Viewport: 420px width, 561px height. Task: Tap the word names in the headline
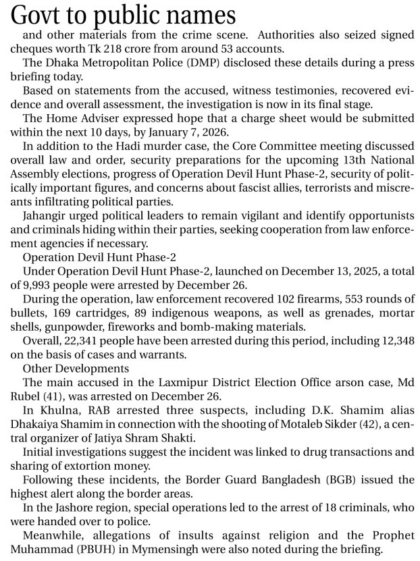click(201, 14)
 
